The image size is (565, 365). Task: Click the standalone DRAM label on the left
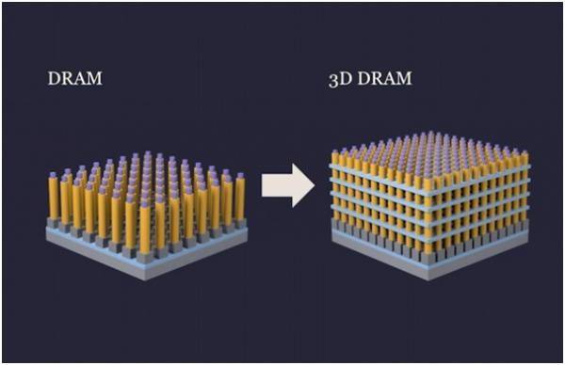pos(74,78)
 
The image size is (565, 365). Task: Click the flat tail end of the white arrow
pos(264,184)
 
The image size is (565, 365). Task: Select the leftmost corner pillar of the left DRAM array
pos(54,198)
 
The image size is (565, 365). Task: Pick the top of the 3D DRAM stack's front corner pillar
pos(424,172)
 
